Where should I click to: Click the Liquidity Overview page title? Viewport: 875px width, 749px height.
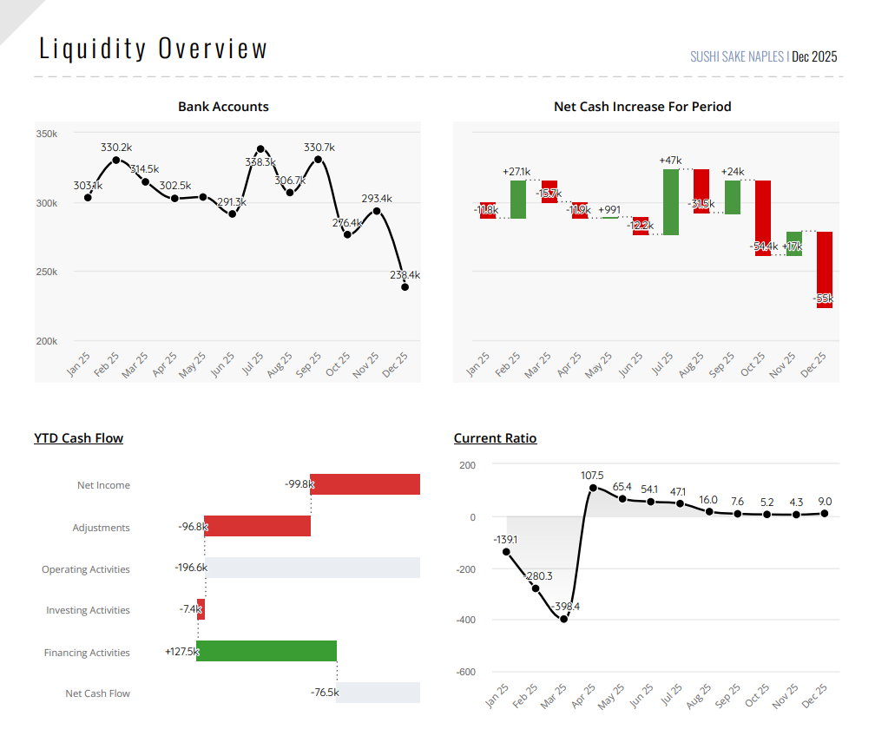pyautogui.click(x=154, y=49)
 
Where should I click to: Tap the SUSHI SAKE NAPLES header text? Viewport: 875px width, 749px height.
pyautogui.click(x=737, y=57)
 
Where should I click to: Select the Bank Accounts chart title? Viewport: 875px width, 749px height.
pyautogui.click(x=223, y=107)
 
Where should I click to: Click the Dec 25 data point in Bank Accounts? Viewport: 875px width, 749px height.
pyautogui.click(x=405, y=286)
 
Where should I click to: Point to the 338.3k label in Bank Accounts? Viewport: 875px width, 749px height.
pyautogui.click(x=260, y=162)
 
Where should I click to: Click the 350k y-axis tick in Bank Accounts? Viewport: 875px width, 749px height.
pyautogui.click(x=47, y=135)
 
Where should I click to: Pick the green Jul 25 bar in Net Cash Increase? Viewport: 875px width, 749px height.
pyautogui.click(x=670, y=202)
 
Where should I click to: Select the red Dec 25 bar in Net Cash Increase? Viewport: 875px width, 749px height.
pyautogui.click(x=825, y=269)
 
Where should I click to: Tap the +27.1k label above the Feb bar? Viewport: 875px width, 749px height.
pyautogui.click(x=516, y=172)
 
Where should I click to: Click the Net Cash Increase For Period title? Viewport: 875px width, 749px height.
pyautogui.click(x=642, y=107)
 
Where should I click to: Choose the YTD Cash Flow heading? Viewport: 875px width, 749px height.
pyautogui.click(x=78, y=438)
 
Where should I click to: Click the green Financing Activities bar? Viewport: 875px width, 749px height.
pyautogui.click(x=266, y=651)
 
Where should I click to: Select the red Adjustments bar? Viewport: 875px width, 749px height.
pyautogui.click(x=257, y=526)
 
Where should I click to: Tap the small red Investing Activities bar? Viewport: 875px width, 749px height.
pyautogui.click(x=201, y=609)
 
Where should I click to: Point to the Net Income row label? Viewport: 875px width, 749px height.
pyautogui.click(x=103, y=485)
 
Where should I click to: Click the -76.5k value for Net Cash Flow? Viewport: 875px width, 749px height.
pyautogui.click(x=325, y=693)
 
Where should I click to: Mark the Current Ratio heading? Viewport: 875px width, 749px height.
pyautogui.click(x=495, y=438)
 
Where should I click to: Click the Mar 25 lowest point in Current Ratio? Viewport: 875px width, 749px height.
pyautogui.click(x=564, y=619)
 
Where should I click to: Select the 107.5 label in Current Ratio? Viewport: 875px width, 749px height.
pyautogui.click(x=592, y=476)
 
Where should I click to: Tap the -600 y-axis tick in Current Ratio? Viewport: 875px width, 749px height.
pyautogui.click(x=465, y=672)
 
